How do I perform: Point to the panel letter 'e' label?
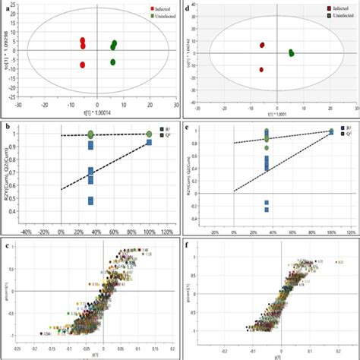click(x=188, y=126)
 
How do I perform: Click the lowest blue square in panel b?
click(x=91, y=201)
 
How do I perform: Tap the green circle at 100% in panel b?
click(x=150, y=134)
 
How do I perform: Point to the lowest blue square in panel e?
click(x=267, y=209)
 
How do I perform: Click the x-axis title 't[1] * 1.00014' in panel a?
click(x=97, y=113)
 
